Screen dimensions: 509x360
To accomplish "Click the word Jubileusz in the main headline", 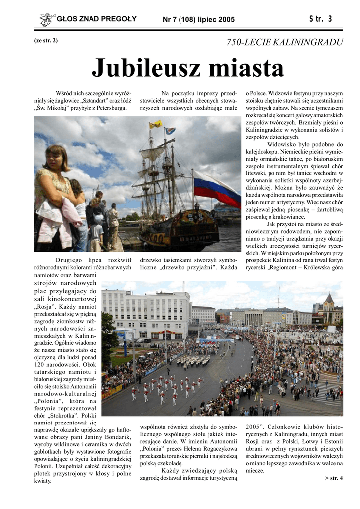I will (x=144, y=68).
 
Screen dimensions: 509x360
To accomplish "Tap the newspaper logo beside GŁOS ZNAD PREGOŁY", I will (x=46, y=19).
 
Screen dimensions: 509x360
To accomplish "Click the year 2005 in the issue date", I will (x=225, y=20).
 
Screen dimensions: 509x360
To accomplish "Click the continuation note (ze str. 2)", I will (x=45, y=40).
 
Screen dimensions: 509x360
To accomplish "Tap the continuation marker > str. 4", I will (x=333, y=478).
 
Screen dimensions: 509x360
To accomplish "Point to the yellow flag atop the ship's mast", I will (x=156, y=124).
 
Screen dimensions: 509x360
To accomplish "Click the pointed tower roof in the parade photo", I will (x=329, y=298).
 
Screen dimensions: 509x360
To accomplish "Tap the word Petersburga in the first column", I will (x=109, y=108).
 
